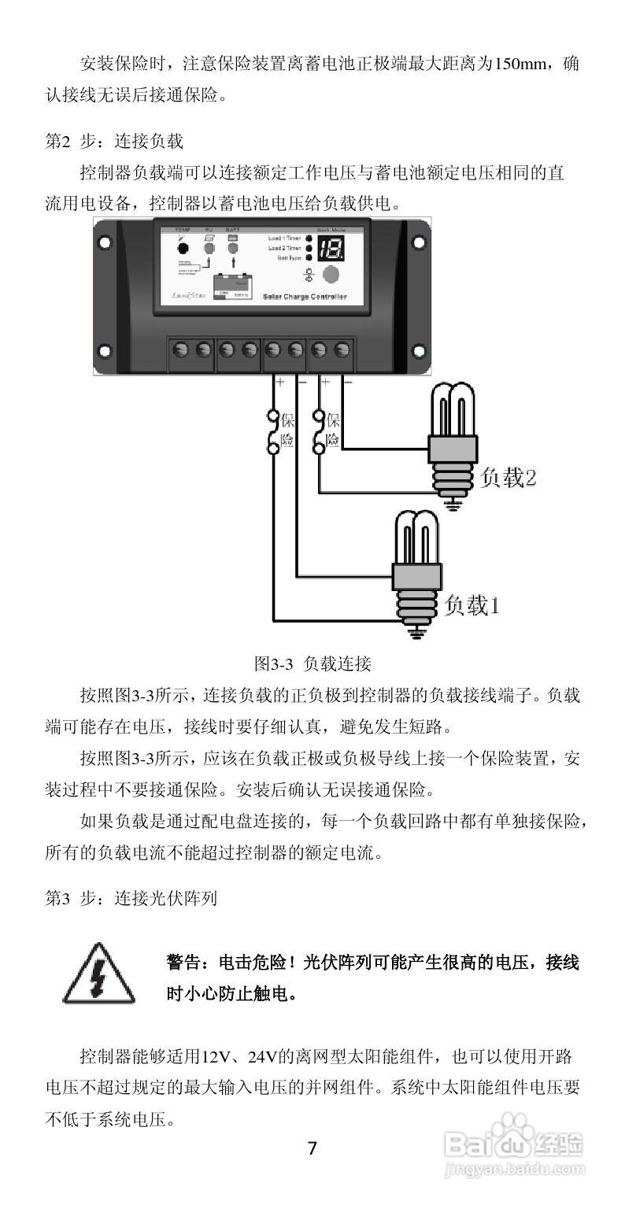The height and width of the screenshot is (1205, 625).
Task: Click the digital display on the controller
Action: pyautogui.click(x=329, y=250)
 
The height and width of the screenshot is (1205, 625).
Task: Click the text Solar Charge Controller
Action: pyautogui.click(x=304, y=298)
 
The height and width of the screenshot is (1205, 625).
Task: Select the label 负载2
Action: pyautogui.click(x=509, y=477)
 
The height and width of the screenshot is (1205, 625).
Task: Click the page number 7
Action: pyautogui.click(x=312, y=1148)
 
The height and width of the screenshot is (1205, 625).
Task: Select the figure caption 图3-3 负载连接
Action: pyautogui.click(x=312, y=663)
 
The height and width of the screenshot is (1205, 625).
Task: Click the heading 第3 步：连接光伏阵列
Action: pyautogui.click(x=131, y=898)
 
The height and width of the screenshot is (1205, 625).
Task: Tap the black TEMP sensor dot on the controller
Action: pyautogui.click(x=183, y=248)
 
